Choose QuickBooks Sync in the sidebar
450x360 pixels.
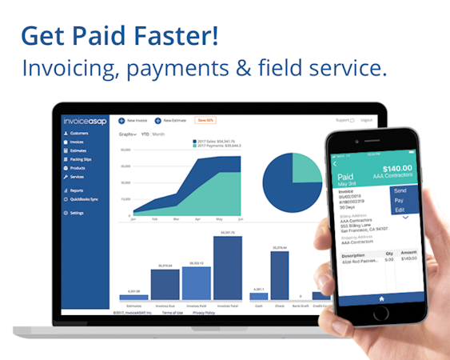point(86,198)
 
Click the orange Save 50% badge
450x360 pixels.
point(205,120)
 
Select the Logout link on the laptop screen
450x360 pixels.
point(366,120)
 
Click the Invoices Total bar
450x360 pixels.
point(228,268)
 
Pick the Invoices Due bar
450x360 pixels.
point(165,283)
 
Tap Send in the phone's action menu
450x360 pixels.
point(400,191)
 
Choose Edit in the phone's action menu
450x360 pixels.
point(400,210)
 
